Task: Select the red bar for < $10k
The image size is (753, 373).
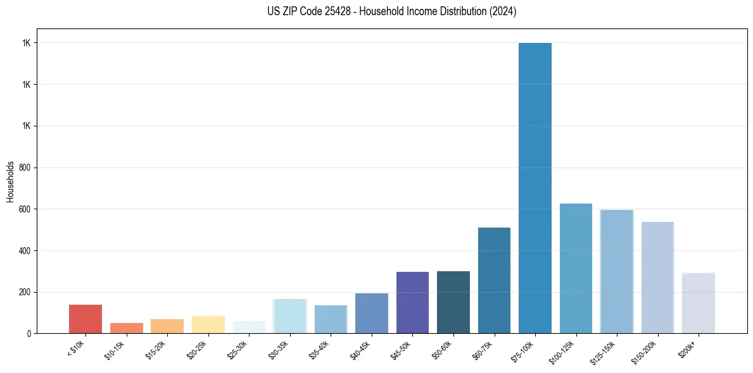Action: click(x=85, y=319)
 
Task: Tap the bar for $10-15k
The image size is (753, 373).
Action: click(x=127, y=328)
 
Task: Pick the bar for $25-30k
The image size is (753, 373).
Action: click(x=249, y=327)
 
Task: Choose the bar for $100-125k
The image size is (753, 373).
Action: click(x=576, y=268)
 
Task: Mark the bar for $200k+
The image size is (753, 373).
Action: click(x=699, y=303)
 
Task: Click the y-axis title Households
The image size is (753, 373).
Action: click(x=11, y=181)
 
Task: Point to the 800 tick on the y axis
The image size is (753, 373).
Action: click(x=26, y=168)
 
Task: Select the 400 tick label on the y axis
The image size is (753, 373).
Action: click(x=26, y=250)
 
